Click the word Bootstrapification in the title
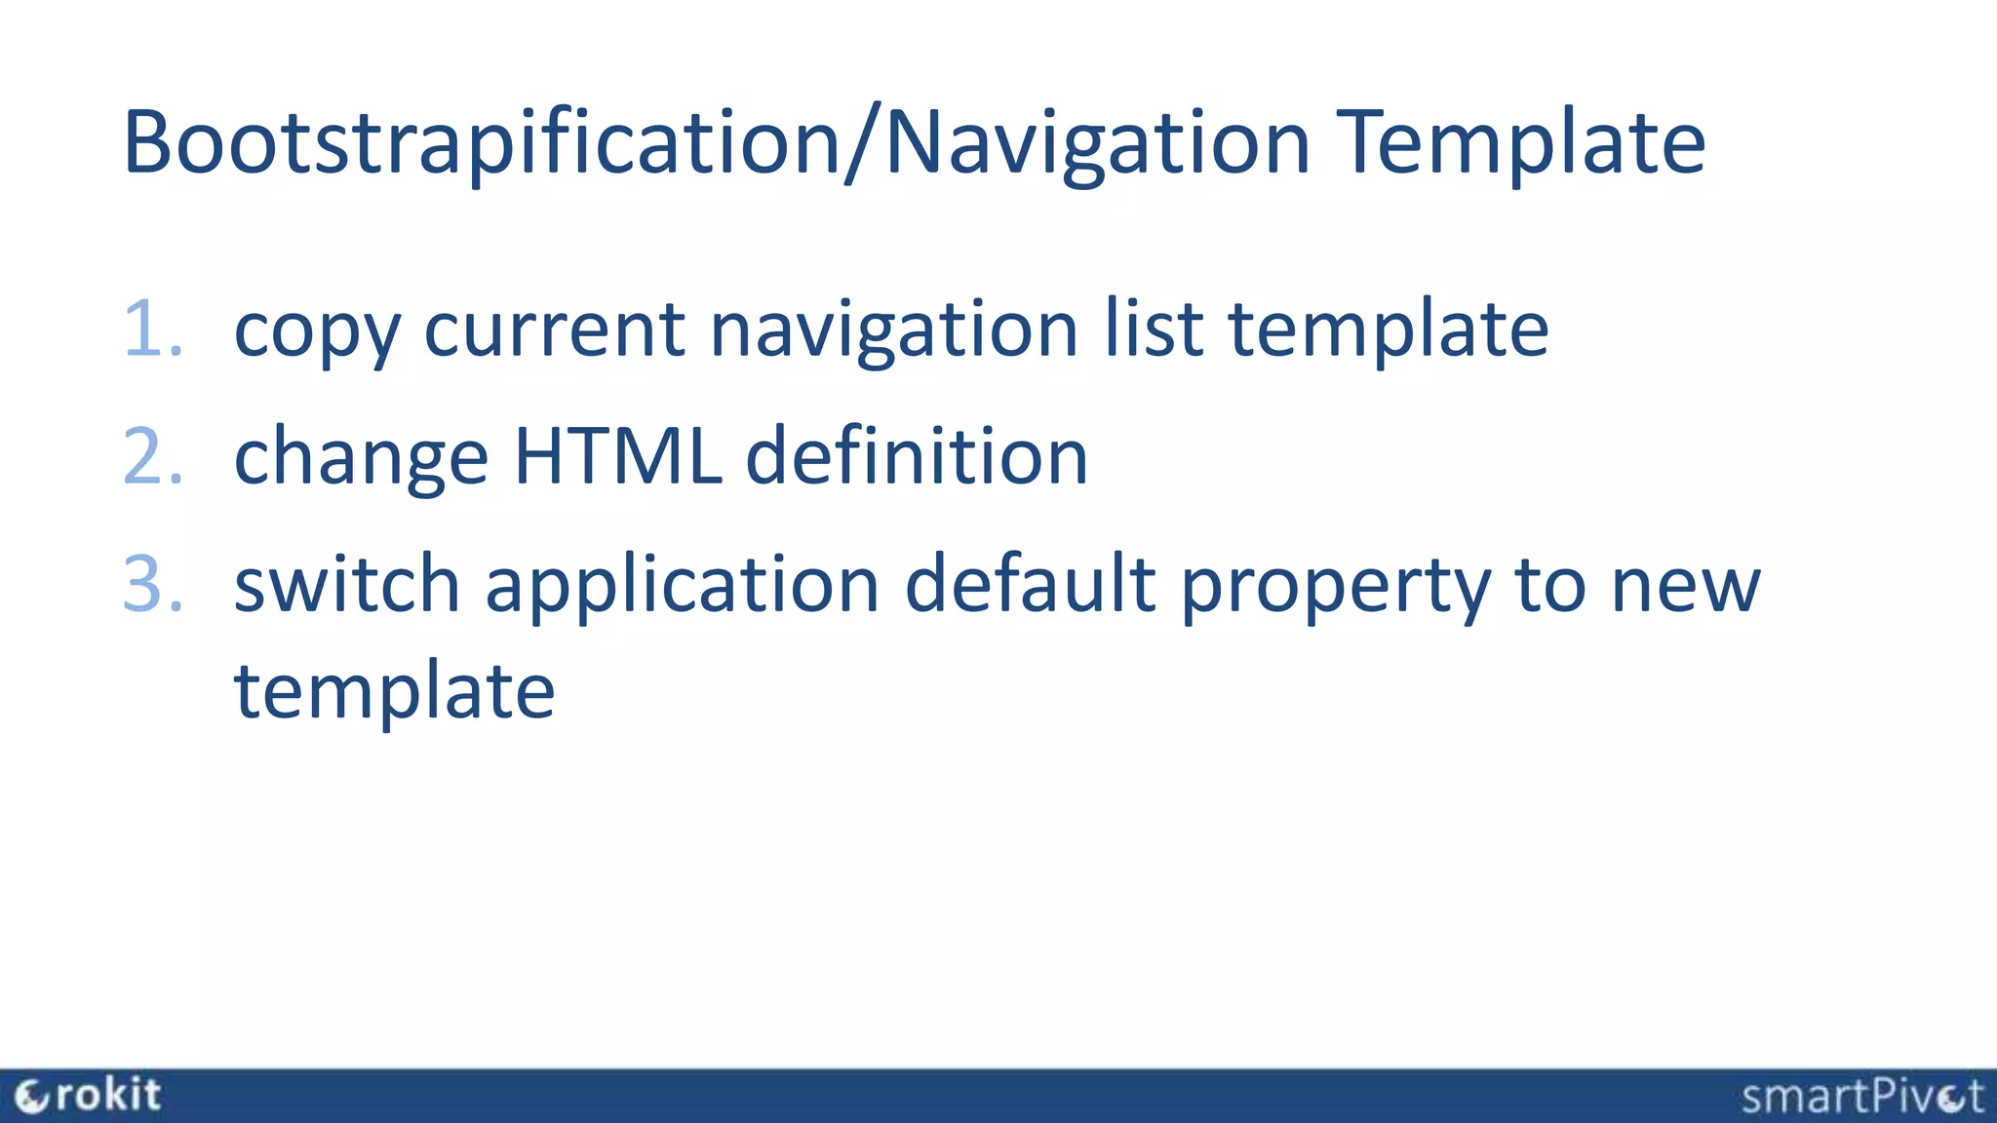click(x=482, y=143)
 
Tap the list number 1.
click(x=153, y=329)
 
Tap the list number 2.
click(x=153, y=456)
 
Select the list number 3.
click(x=153, y=584)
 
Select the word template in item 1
click(x=1388, y=331)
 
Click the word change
click(x=361, y=458)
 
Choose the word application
click(x=683, y=585)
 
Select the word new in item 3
click(x=1685, y=585)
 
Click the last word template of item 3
click(x=394, y=690)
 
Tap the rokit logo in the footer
click(x=88, y=1096)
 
